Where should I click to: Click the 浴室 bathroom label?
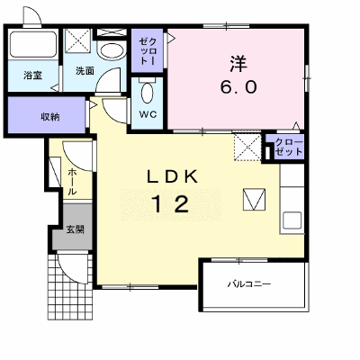(x=32, y=76)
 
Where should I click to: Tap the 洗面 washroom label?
(x=85, y=71)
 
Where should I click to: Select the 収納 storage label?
(x=50, y=117)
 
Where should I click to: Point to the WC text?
(x=148, y=114)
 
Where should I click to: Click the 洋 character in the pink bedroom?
(x=238, y=64)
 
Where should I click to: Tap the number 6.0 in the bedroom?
(x=238, y=87)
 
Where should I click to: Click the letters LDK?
(x=173, y=176)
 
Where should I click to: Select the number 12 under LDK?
(x=172, y=204)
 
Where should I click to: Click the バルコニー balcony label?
(x=249, y=283)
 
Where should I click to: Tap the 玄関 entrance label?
(x=75, y=229)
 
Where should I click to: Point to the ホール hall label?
(x=72, y=182)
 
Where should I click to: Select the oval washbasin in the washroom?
(x=112, y=50)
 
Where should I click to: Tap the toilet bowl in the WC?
(x=147, y=93)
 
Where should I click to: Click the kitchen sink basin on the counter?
(x=292, y=220)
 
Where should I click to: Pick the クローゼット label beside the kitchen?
(x=289, y=147)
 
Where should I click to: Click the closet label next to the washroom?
(x=148, y=51)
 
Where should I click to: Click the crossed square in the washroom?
(x=77, y=40)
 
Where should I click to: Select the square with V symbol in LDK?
(x=254, y=199)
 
